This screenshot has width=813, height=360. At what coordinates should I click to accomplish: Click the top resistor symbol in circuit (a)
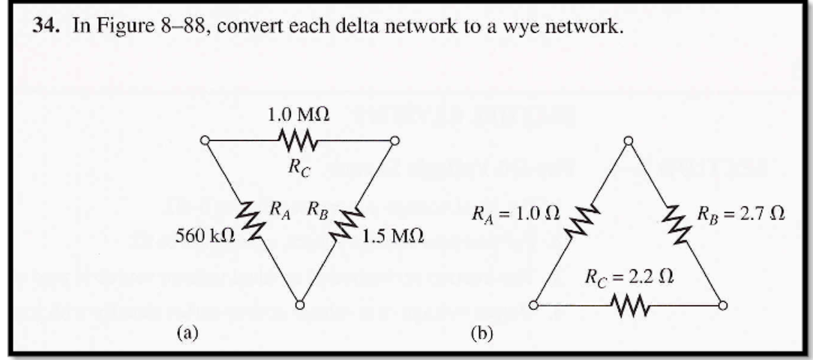(299, 139)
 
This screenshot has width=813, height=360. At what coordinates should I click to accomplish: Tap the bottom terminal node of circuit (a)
(299, 305)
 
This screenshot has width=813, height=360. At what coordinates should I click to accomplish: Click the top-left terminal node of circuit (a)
(205, 140)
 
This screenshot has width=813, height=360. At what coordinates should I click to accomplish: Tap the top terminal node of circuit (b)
(628, 141)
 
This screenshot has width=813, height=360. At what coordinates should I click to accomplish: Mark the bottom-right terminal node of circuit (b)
(723, 305)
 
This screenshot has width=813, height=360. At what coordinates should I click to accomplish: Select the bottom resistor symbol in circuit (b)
(628, 305)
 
